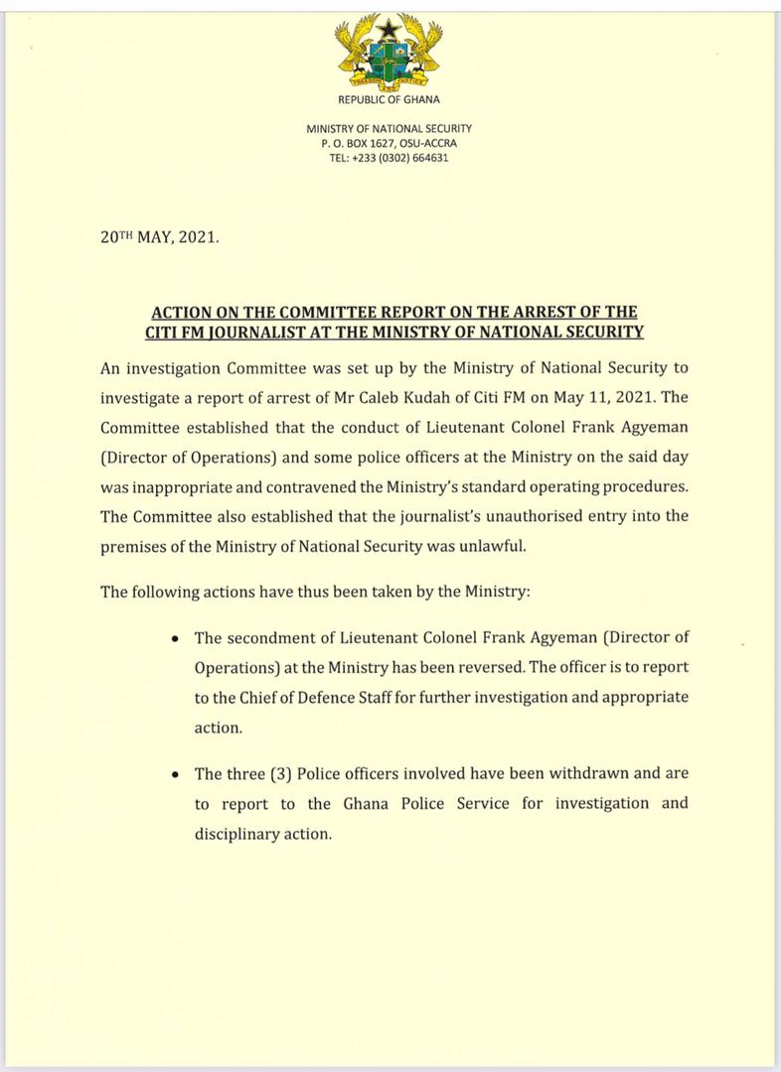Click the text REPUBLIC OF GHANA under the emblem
[390, 99]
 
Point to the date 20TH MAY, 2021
[160, 239]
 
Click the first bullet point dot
[175, 637]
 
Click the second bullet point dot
[175, 774]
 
